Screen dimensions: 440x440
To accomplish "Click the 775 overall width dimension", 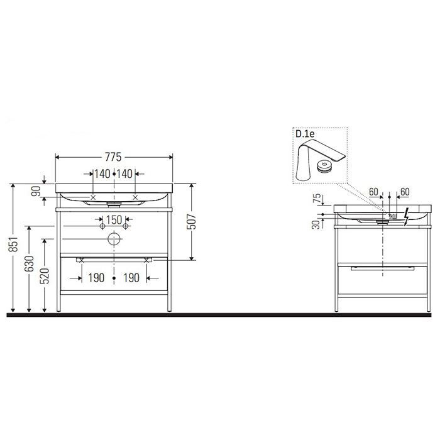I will pyautogui.click(x=113, y=157).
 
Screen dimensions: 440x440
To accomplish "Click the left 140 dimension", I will pyautogui.click(x=102, y=174).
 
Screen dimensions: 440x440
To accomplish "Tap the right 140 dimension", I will pyautogui.click(x=124, y=174).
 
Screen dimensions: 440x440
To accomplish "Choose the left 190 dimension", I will pyautogui.click(x=96, y=277).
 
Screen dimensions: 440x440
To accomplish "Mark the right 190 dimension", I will pyautogui.click(x=131, y=277).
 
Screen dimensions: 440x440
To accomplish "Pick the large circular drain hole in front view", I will pyautogui.click(x=113, y=239).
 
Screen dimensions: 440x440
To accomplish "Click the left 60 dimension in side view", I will pyautogui.click(x=374, y=192).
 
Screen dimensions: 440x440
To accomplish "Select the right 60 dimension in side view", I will pyautogui.click(x=405, y=192).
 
